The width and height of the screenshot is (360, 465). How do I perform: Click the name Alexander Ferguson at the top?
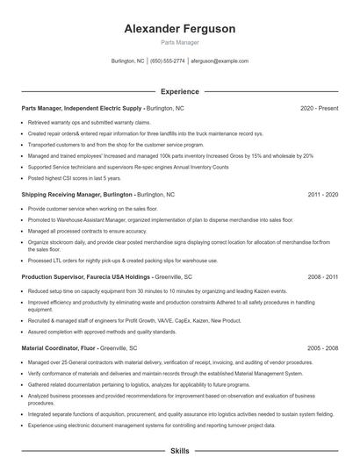click(x=179, y=29)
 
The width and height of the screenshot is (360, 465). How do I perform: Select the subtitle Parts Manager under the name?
click(x=179, y=42)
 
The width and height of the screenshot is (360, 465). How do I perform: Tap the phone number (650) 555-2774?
click(x=168, y=61)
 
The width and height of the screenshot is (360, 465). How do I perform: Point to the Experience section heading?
click(x=179, y=91)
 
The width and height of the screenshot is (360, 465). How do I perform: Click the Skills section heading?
click(x=179, y=450)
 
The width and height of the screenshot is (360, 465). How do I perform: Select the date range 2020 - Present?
click(x=319, y=108)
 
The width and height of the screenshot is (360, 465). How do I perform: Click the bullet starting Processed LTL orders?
click(x=123, y=261)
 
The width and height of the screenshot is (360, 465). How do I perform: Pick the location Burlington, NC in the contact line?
click(x=128, y=61)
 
